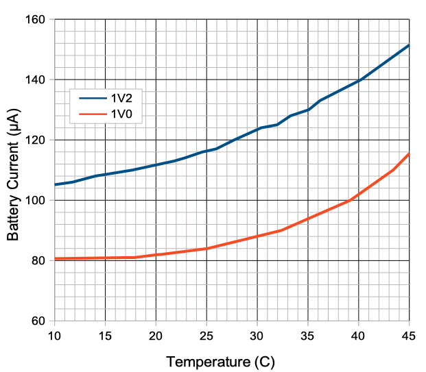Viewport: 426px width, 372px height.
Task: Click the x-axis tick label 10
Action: point(54,335)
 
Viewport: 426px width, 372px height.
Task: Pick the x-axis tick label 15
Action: point(105,335)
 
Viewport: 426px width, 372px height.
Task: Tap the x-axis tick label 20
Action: point(156,335)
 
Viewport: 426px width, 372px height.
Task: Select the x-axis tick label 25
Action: point(206,335)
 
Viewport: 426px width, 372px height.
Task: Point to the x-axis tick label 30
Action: point(257,335)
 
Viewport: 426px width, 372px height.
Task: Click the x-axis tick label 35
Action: point(308,335)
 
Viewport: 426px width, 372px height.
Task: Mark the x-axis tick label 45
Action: point(409,335)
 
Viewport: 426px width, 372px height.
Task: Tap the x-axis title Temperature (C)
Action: point(220,360)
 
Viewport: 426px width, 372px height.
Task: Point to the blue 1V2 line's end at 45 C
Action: point(409,45)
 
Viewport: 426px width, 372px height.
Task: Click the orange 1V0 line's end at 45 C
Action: point(409,153)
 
